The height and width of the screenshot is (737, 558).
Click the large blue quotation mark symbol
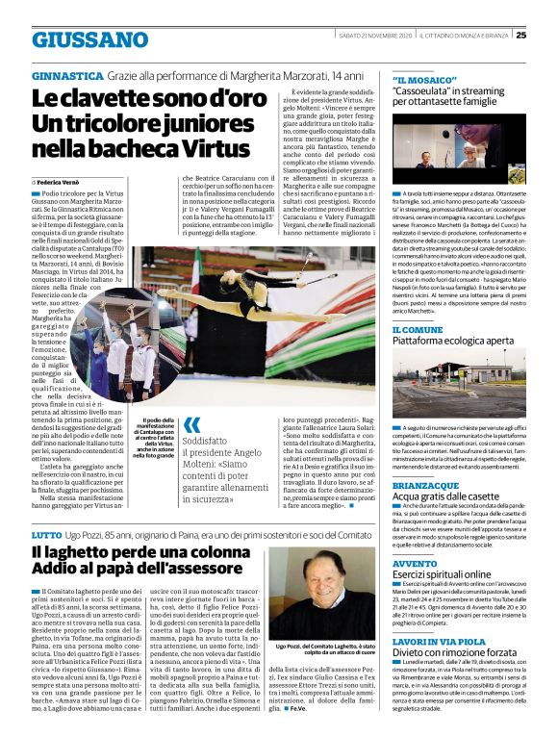(x=192, y=424)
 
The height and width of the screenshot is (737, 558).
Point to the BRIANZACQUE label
(x=426, y=486)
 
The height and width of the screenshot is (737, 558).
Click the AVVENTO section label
(x=415, y=562)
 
